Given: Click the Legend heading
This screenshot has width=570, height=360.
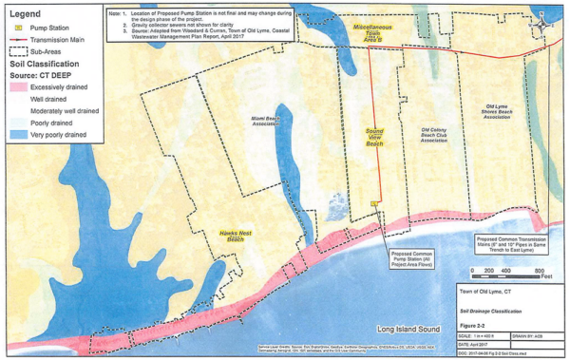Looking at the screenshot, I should (x=24, y=15).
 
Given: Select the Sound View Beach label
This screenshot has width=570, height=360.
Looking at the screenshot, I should (x=374, y=140).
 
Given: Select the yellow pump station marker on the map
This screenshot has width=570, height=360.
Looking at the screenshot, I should (x=375, y=202).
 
